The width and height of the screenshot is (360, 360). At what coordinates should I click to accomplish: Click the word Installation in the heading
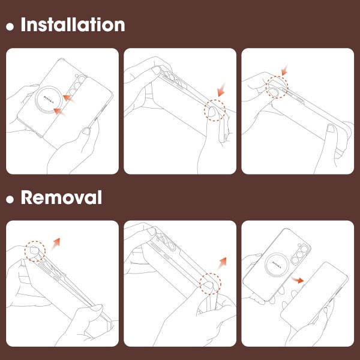point(73,25)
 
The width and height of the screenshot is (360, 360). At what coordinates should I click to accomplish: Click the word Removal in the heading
point(61,197)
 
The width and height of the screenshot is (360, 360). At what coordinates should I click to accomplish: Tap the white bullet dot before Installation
point(10,26)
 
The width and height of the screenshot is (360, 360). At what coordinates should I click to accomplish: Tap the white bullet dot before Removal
point(10,199)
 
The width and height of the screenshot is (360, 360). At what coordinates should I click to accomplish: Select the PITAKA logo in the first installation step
point(49,100)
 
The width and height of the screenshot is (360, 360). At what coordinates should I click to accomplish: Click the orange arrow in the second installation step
point(221,90)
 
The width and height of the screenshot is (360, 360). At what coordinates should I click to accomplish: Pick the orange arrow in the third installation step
point(284,70)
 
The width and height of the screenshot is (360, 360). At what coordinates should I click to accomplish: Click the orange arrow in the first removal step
point(56,244)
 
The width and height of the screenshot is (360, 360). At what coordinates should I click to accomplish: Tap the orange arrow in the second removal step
point(222,263)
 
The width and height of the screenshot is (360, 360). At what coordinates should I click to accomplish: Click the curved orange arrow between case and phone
point(298,280)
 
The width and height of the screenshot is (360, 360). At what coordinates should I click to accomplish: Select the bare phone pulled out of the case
point(314,296)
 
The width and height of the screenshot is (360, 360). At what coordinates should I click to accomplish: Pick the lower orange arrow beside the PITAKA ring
point(59,112)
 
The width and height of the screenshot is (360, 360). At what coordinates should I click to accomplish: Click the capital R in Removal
point(26,197)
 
